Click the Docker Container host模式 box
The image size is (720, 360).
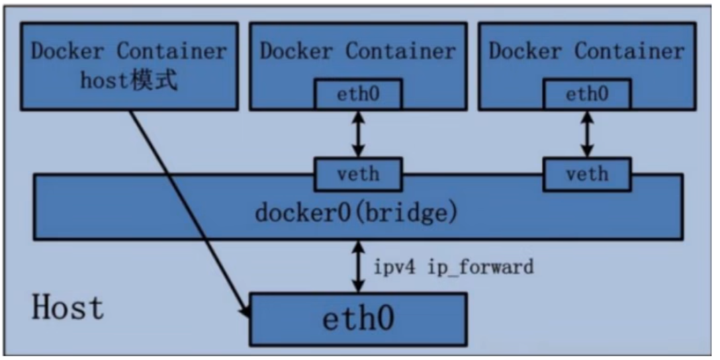129,66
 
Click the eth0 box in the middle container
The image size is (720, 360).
358,95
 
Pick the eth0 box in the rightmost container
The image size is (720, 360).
586,95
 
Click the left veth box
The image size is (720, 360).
358,174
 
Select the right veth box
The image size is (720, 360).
586,174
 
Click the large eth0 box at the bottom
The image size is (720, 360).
358,319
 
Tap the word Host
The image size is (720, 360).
68,307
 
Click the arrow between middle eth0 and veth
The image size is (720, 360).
358,134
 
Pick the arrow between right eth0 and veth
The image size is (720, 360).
586,134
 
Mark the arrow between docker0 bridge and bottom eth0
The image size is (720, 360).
358,266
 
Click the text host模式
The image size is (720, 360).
130,81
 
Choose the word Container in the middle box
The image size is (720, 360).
400,51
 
